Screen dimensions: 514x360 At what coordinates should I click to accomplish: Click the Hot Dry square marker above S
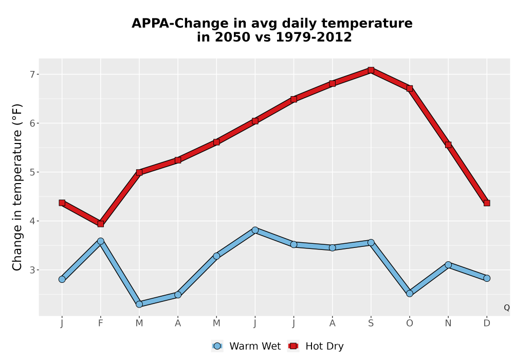pyautogui.click(x=371, y=70)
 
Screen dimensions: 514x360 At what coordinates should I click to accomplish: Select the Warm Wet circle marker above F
pyautogui.click(x=101, y=241)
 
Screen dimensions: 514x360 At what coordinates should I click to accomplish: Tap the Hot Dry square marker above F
pyautogui.click(x=101, y=224)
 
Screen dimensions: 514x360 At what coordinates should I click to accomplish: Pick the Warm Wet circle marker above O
pyautogui.click(x=410, y=294)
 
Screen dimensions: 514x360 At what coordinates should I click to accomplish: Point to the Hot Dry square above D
pyautogui.click(x=487, y=203)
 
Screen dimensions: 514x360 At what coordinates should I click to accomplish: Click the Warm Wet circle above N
pyautogui.click(x=448, y=264)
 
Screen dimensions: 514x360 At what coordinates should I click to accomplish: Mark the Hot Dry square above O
pyautogui.click(x=410, y=88)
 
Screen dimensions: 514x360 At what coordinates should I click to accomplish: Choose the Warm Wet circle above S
pyautogui.click(x=371, y=243)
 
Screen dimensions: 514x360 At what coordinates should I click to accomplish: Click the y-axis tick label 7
pyautogui.click(x=32, y=75)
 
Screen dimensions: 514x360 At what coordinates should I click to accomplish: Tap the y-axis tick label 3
pyautogui.click(x=32, y=270)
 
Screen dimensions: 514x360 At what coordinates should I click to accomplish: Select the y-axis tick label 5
pyautogui.click(x=32, y=172)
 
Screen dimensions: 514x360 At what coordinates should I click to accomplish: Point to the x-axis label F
pyautogui.click(x=101, y=323)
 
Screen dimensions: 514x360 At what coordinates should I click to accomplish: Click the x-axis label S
pyautogui.click(x=371, y=323)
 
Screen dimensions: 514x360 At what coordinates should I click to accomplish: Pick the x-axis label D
pyautogui.click(x=487, y=323)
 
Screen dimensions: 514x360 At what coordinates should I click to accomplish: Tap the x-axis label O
pyautogui.click(x=410, y=323)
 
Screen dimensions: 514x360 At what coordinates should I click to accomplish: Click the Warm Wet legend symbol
pyautogui.click(x=217, y=346)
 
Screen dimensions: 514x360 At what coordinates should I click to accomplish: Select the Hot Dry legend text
pyautogui.click(x=324, y=346)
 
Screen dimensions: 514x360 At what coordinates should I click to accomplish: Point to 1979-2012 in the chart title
pyautogui.click(x=314, y=37)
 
